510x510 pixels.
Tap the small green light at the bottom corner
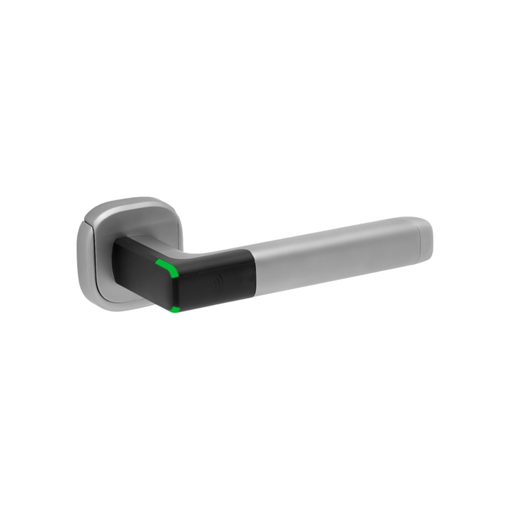coord(175,309)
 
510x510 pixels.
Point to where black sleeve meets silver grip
coord(253,271)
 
